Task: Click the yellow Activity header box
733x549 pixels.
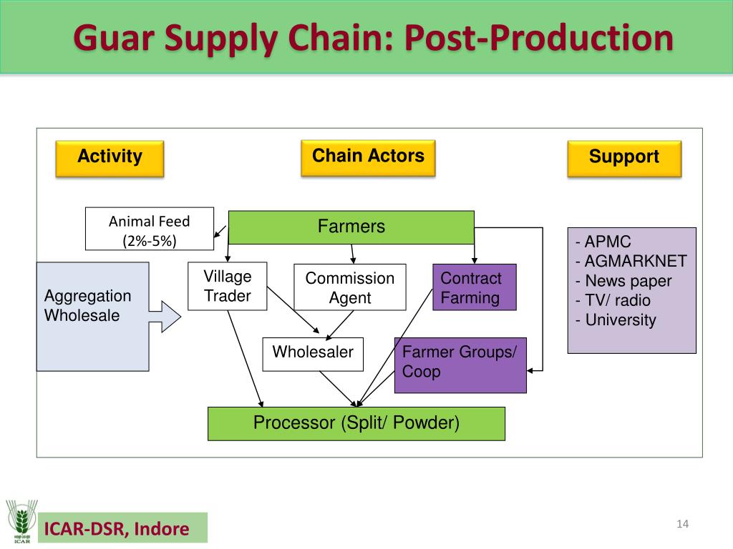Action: (110, 159)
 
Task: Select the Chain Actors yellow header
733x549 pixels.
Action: (369, 158)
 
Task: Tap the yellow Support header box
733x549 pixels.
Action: (624, 159)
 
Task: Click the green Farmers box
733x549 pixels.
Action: (351, 227)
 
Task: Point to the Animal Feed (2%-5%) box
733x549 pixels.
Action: (150, 229)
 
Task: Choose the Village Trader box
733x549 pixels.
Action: (228, 286)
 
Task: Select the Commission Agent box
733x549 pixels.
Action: (350, 287)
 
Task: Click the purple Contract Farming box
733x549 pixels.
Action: (475, 287)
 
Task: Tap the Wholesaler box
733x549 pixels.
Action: (313, 355)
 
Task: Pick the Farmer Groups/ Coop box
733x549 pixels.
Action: (460, 365)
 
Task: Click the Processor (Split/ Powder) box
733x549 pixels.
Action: (356, 423)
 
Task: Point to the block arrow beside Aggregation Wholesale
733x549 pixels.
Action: (165, 317)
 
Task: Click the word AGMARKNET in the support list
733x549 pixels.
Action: (636, 261)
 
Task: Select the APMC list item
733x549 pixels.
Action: (603, 242)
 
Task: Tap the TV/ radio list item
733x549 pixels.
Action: (613, 300)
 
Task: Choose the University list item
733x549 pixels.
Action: (616, 320)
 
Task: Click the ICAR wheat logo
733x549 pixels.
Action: (21, 521)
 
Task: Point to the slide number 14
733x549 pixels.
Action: (682, 524)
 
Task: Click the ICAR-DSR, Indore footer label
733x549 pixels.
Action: (117, 529)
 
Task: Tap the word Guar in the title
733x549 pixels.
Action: (114, 39)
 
